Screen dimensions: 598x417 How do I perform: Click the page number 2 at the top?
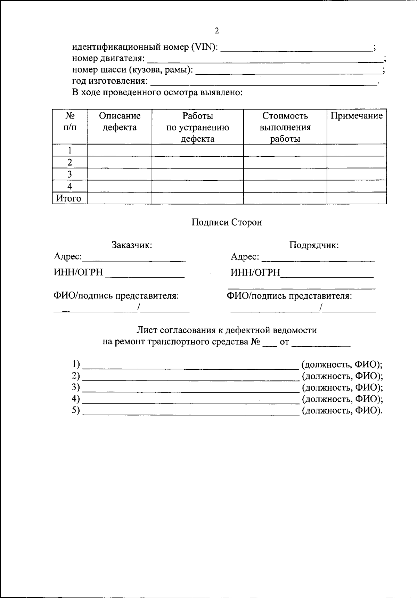(217, 31)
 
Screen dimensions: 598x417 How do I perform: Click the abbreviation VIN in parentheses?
(204, 47)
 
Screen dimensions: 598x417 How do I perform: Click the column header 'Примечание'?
(356, 116)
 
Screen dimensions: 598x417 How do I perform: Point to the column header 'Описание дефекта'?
(120, 122)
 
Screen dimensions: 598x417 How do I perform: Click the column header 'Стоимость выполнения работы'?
(285, 127)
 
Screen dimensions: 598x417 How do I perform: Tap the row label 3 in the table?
(70, 174)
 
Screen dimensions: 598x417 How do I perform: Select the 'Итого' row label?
(69, 198)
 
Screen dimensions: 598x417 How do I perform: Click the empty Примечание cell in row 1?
(356, 150)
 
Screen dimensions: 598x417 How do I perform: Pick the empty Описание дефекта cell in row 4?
(120, 186)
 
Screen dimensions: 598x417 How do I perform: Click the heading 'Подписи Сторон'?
(227, 222)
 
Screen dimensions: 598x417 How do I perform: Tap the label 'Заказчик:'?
(132, 245)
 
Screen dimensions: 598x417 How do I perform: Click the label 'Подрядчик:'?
(314, 245)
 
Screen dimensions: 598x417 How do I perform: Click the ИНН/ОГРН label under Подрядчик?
(255, 273)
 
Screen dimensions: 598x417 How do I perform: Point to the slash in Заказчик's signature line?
(139, 307)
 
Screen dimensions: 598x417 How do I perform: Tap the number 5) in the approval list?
(76, 410)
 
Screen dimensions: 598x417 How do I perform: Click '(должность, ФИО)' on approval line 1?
(342, 364)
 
